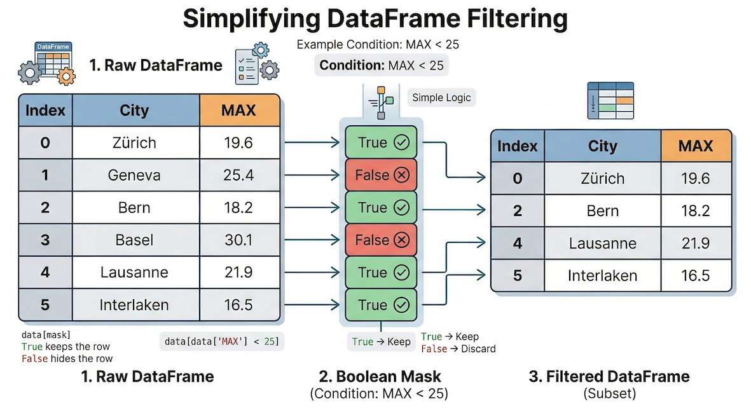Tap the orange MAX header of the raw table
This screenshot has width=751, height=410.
point(238,110)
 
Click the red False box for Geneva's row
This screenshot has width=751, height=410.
point(381,175)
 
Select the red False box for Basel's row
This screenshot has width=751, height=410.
point(381,240)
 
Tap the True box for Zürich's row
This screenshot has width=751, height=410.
point(381,143)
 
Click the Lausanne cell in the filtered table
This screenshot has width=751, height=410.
point(602,243)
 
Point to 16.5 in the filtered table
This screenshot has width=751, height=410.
point(694,275)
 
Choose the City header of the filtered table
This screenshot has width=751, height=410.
point(602,146)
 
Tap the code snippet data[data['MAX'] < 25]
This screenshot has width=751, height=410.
point(221,342)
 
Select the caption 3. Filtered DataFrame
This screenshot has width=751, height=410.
point(609,376)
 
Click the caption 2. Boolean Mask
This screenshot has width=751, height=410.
point(379,376)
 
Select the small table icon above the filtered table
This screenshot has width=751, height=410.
point(610,100)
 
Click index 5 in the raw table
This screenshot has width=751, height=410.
point(45,305)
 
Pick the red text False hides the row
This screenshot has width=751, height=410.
point(67,359)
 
